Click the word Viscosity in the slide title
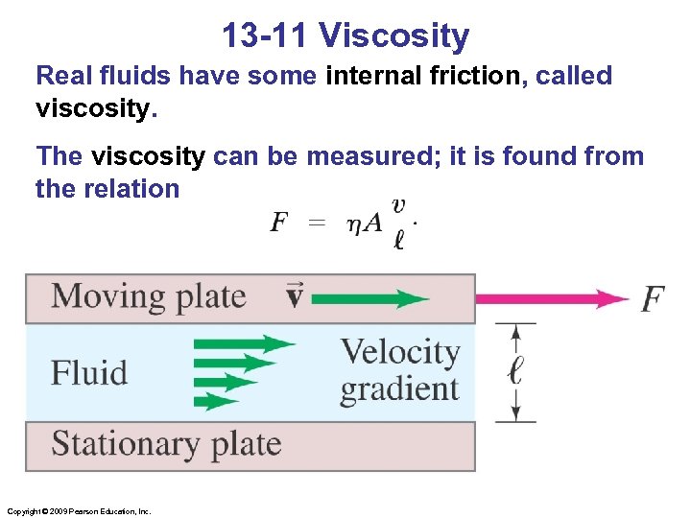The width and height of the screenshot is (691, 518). click(393, 35)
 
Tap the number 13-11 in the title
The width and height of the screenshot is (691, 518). click(266, 35)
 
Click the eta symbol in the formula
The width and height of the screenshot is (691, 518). click(352, 224)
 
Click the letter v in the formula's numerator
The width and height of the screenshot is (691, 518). click(398, 205)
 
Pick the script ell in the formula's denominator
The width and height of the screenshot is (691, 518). click(398, 239)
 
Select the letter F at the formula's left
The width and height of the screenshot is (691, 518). click(279, 224)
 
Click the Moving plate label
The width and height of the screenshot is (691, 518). click(149, 296)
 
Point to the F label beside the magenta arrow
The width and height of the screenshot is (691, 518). click(652, 299)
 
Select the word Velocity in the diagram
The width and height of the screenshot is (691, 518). click(400, 352)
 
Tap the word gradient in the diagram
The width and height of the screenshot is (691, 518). click(399, 389)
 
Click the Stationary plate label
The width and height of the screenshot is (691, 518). click(166, 444)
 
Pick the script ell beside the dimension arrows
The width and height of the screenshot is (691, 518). click(515, 371)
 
